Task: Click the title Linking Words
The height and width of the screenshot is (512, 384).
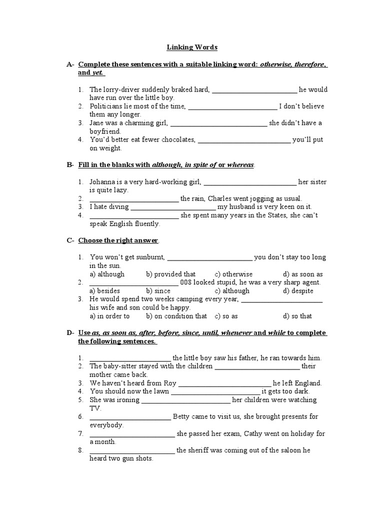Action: [192, 47]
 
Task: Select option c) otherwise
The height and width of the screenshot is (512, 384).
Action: [233, 274]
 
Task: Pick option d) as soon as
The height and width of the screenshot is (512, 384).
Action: [302, 274]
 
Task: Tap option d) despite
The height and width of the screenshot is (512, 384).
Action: [298, 291]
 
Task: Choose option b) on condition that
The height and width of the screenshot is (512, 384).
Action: [176, 316]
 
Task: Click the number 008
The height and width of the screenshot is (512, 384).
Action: [186, 282]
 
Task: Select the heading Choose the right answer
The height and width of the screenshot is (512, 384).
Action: [118, 240]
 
